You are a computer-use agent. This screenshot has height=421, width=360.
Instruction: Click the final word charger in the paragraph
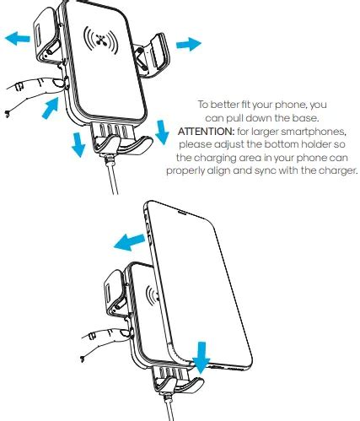click(x=336, y=170)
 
